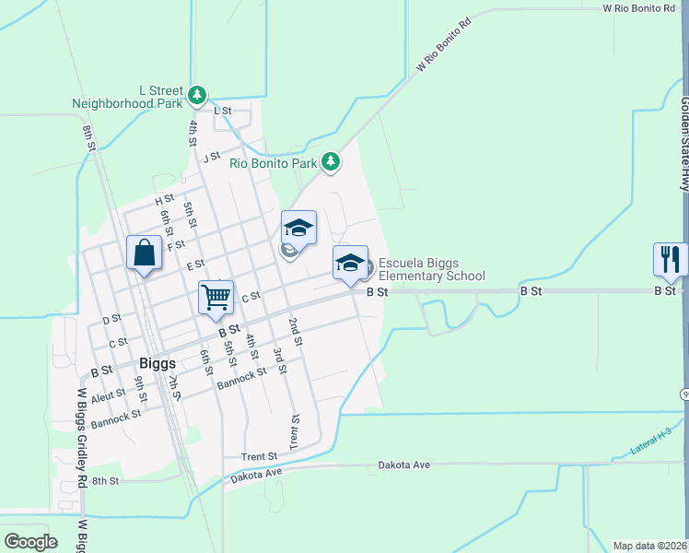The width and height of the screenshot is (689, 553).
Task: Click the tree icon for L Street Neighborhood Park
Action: coord(197,94)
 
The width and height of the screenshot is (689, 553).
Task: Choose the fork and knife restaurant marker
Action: coord(670,260)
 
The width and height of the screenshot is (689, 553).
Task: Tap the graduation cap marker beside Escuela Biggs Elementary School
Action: coord(350,264)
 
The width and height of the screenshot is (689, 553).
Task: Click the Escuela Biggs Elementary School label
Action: coord(431,269)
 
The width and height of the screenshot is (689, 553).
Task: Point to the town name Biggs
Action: coord(158,363)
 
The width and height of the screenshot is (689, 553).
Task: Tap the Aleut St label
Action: coord(108,394)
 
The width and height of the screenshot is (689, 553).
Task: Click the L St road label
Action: coord(222,111)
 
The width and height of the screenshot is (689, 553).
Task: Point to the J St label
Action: coord(213,157)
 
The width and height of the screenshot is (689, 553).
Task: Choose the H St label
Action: coord(165,199)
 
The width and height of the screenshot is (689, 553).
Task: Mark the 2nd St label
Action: coord(295,332)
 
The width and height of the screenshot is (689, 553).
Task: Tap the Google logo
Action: coord(30,542)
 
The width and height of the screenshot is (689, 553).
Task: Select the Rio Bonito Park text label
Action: coord(273,163)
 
